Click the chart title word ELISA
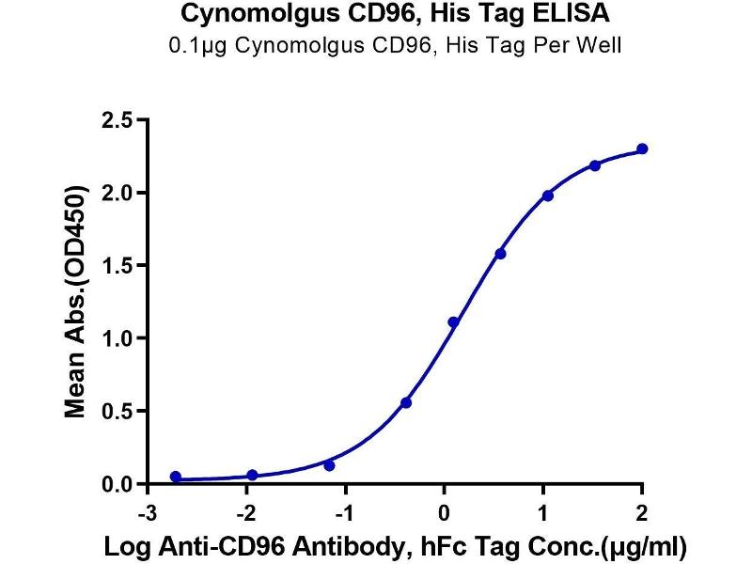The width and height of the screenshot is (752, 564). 543,14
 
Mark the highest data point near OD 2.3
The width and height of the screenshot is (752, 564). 642,149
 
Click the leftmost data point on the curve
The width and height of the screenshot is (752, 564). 176,477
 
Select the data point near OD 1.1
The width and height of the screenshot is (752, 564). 453,322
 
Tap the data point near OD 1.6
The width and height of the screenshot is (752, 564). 500,254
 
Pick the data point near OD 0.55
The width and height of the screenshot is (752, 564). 406,402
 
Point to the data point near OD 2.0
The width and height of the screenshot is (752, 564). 548,196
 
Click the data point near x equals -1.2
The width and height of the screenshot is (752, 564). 329,465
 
